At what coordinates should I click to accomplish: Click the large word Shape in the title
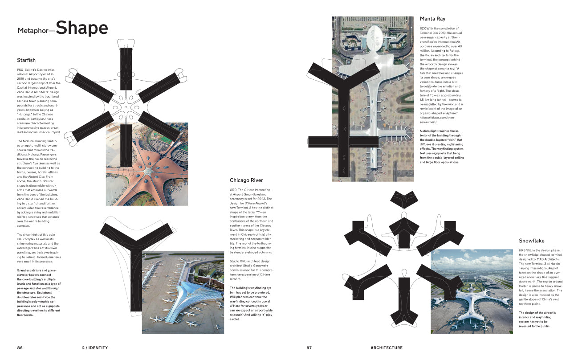81,28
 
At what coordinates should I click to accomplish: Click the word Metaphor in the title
35,31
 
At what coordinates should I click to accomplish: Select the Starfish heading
26,60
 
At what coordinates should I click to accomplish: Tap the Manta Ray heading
432,19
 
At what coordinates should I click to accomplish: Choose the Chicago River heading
246,180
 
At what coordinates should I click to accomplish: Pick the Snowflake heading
531,241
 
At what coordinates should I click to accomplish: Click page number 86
20,348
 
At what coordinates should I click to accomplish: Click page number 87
309,348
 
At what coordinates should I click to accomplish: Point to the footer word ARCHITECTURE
386,348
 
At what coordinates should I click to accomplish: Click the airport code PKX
20,70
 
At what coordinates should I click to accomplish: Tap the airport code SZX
423,28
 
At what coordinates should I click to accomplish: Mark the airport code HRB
522,251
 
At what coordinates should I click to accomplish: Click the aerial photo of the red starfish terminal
147,164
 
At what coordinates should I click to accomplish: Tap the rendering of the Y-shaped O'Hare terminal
183,293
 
